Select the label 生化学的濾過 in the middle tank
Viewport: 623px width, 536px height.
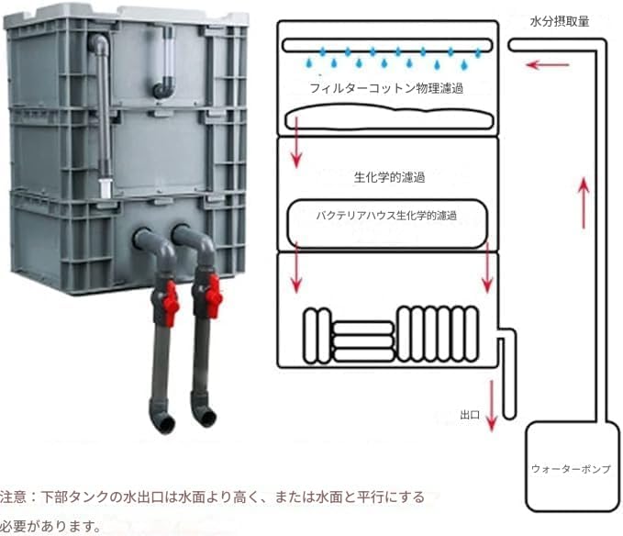pos(388,176)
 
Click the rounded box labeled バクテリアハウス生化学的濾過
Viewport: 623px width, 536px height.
pos(386,222)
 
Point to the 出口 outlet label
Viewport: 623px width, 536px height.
pos(470,415)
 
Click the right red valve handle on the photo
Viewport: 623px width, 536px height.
pos(212,296)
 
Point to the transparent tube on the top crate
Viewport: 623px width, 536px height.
pos(167,55)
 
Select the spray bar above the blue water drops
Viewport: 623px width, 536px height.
pos(387,44)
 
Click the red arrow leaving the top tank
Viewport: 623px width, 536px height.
pos(295,151)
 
